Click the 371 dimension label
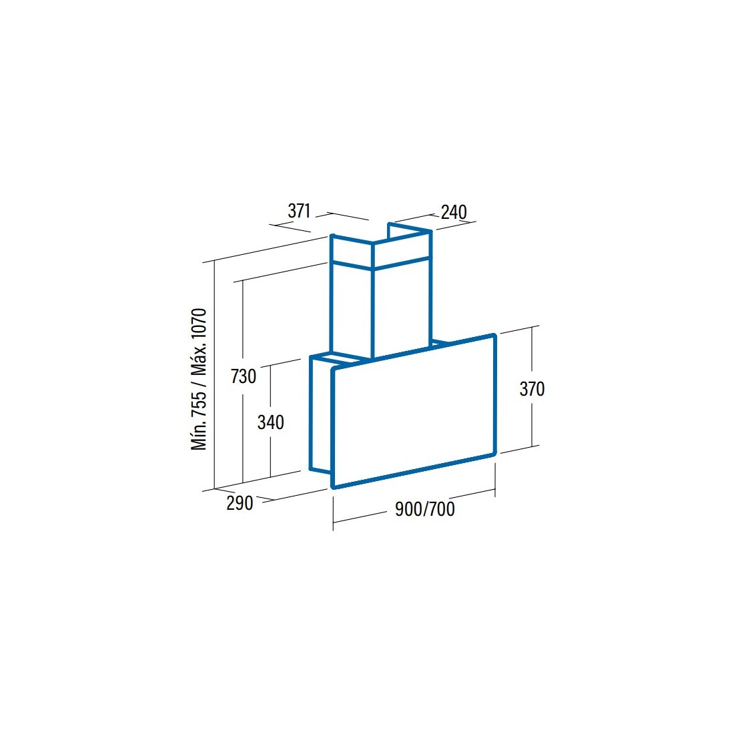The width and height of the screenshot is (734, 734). coord(299,211)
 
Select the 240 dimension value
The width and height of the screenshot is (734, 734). coord(454,212)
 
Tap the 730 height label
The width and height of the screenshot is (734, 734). coord(244,376)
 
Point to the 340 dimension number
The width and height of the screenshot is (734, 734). coord(270,422)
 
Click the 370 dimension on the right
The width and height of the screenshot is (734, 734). coord(532,389)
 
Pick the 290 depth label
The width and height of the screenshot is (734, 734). coord(240,502)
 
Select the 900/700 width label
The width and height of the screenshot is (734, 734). coord(424,509)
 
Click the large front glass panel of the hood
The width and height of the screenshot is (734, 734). coord(414,411)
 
